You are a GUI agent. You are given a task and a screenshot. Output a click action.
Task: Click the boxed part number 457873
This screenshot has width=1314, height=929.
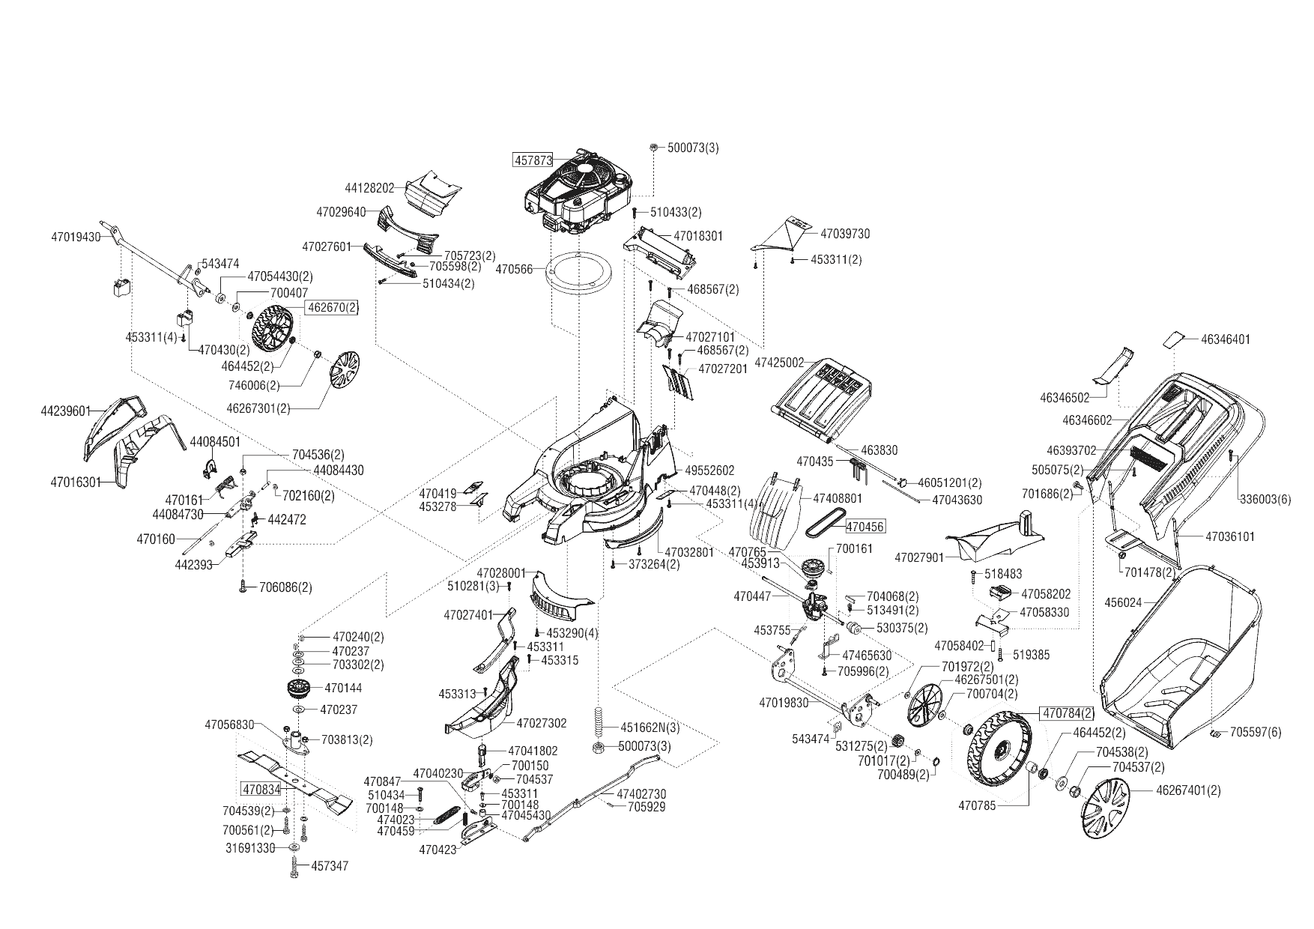click(x=533, y=160)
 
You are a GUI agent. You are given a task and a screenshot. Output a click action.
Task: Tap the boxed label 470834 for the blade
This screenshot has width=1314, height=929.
click(x=261, y=789)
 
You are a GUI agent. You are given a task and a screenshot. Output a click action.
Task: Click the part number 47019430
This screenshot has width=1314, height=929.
click(x=76, y=236)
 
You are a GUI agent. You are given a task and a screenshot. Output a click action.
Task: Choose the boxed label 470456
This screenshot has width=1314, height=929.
click(x=865, y=527)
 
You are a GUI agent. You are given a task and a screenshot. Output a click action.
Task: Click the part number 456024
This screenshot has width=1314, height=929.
click(x=1123, y=602)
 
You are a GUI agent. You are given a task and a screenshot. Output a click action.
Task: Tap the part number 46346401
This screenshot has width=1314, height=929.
click(x=1226, y=339)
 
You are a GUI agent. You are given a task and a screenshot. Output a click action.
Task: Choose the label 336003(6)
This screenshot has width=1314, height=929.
click(x=1265, y=500)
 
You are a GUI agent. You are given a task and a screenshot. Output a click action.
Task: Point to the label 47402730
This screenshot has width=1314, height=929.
click(x=641, y=794)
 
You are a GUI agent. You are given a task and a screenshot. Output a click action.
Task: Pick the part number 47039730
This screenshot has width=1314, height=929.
click(x=846, y=234)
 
